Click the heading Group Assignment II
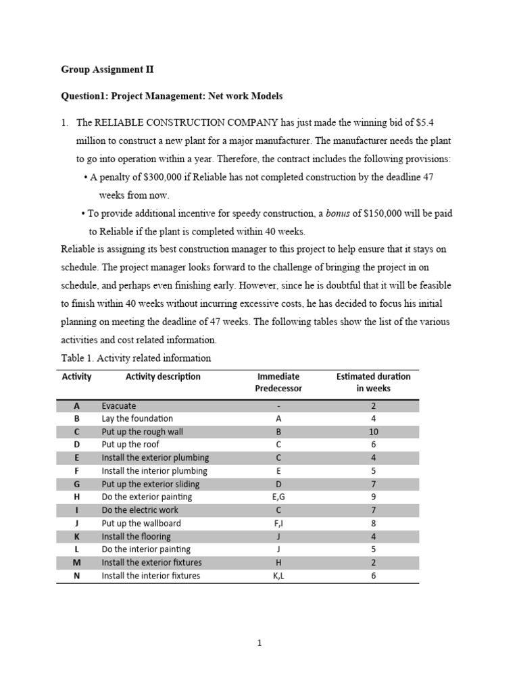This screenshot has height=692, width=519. (x=107, y=69)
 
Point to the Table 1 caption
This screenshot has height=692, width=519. (x=136, y=358)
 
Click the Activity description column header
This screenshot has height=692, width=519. (x=163, y=376)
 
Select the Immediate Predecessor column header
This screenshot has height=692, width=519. (x=278, y=382)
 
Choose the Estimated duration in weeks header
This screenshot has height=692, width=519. (x=373, y=382)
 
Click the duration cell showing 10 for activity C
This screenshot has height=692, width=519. (x=373, y=432)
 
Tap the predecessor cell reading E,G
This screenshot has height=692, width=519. (x=278, y=497)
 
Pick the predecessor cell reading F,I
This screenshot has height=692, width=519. (x=278, y=523)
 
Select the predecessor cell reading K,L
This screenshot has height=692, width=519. (x=278, y=576)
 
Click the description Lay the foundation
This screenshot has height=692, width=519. (x=137, y=418)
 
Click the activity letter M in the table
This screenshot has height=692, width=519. (x=76, y=562)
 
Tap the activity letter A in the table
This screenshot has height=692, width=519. (x=76, y=406)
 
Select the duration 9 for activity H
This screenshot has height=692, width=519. (x=373, y=497)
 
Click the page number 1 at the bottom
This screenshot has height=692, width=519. (x=259, y=643)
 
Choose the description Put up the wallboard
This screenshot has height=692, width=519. (x=141, y=523)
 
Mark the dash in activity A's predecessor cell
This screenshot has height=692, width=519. (x=278, y=406)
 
